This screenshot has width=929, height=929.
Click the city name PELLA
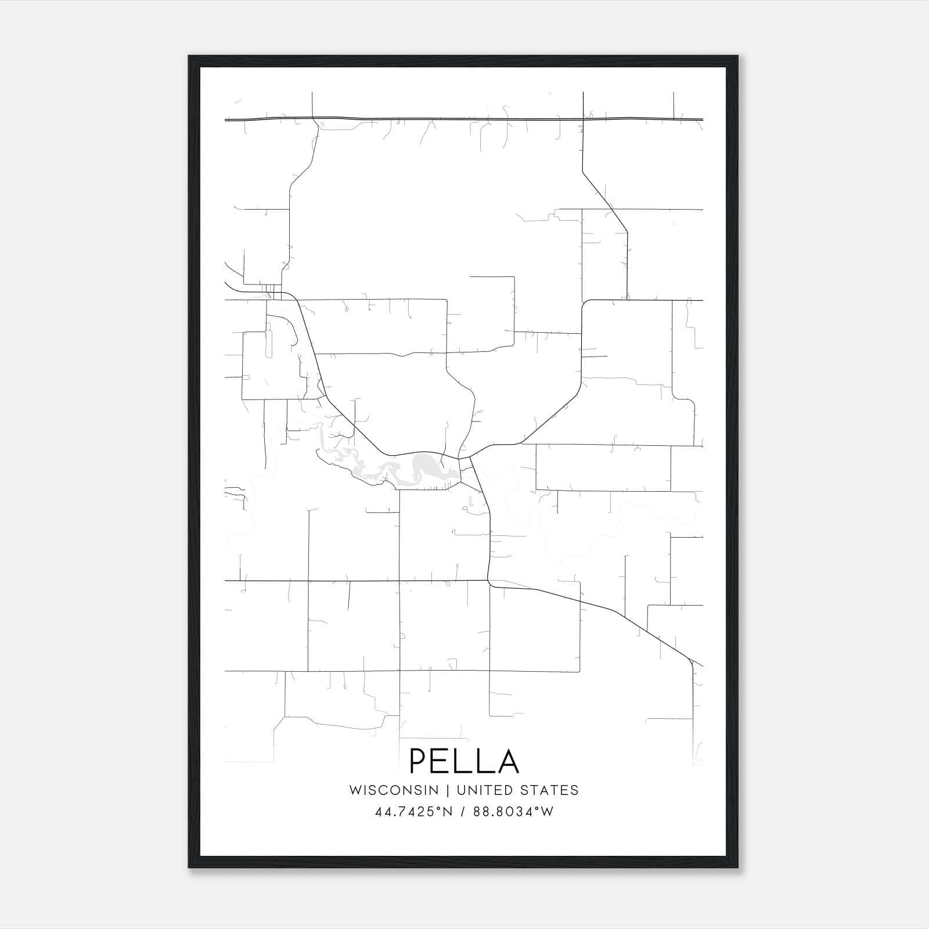[x=464, y=761]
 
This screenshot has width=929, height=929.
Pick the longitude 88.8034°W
[x=513, y=812]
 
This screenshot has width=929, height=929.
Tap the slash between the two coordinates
[x=462, y=812]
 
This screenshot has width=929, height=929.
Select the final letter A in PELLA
[x=507, y=761]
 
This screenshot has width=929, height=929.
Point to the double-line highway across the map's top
[x=464, y=119]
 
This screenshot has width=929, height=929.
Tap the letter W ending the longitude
[x=546, y=812]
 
